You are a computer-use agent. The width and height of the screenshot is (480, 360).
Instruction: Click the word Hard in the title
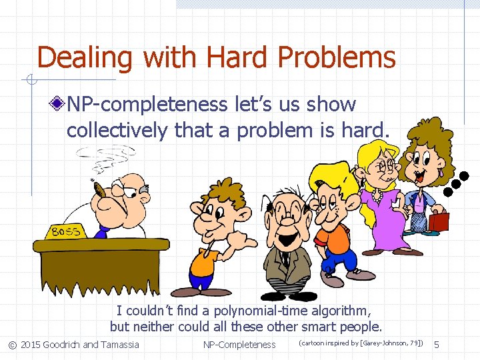click(239, 57)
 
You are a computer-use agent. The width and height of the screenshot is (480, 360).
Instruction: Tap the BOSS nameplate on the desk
click(66, 231)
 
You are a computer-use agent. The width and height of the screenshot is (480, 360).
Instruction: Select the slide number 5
click(437, 344)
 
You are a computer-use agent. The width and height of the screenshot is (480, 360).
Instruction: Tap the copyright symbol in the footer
click(12, 345)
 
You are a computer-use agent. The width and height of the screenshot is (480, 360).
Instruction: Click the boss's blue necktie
click(102, 231)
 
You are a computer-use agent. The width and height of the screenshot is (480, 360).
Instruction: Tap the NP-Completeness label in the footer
click(239, 345)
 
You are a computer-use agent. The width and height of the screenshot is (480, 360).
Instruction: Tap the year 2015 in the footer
click(30, 345)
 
